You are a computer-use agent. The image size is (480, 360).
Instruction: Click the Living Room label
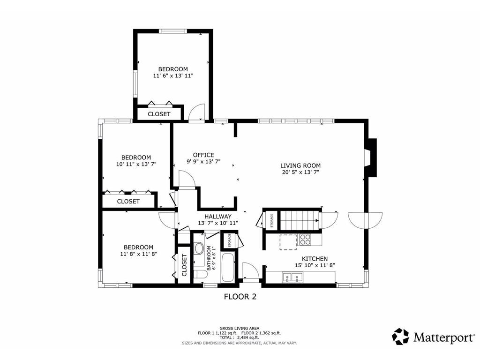coord(300,165)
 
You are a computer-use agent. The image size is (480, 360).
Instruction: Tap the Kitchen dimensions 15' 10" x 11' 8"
coord(315,265)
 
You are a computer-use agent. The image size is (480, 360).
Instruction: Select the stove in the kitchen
coord(305,240)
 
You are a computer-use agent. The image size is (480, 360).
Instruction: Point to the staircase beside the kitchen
coord(300,218)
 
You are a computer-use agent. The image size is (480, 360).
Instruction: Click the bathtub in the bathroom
coord(227,268)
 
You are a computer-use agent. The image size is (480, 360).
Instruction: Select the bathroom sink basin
coord(199,248)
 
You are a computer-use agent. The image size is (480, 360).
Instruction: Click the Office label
coord(203,155)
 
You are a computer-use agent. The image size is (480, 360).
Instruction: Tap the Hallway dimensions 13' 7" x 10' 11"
coord(218,223)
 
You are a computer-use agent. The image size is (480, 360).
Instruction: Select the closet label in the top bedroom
coord(159,114)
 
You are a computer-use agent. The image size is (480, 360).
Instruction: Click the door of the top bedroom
coord(197,112)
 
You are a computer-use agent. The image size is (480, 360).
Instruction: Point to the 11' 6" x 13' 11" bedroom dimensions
coord(173,75)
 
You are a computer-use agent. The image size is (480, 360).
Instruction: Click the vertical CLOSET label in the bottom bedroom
coord(184,265)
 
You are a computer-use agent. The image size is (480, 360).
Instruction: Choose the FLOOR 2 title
coord(240,296)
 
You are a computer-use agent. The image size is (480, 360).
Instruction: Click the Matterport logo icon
coord(400,336)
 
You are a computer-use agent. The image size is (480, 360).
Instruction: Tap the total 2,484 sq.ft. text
coord(240,337)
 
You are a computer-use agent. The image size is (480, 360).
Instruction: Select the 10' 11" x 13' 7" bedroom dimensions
coord(136,164)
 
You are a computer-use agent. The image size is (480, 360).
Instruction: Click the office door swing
coord(186,180)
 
